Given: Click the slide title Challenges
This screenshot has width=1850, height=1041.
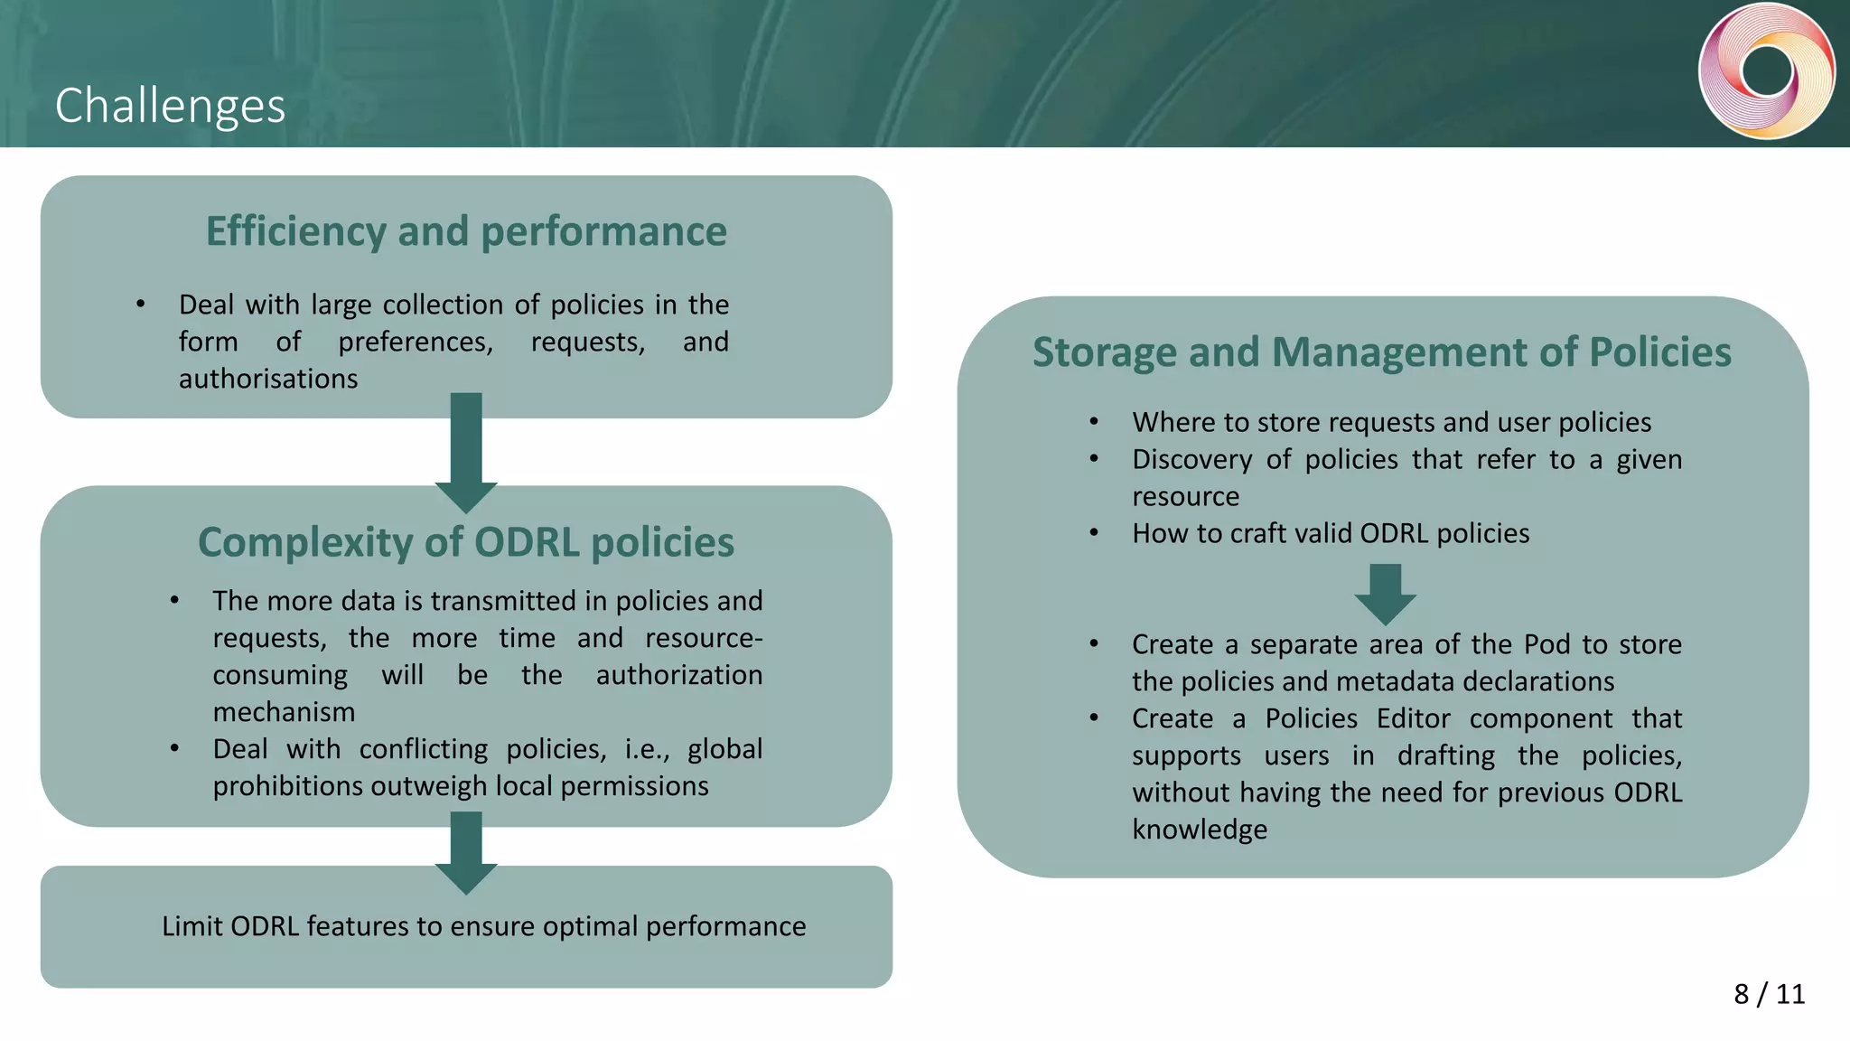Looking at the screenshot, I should pyautogui.click(x=170, y=106).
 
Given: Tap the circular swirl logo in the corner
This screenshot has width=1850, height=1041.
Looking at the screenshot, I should pyautogui.click(x=1766, y=71).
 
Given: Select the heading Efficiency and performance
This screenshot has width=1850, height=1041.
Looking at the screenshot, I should pyautogui.click(x=466, y=231).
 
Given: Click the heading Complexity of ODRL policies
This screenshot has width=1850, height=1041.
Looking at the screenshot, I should pyautogui.click(x=466, y=542).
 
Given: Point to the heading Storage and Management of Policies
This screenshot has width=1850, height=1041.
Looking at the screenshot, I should pyautogui.click(x=1382, y=352).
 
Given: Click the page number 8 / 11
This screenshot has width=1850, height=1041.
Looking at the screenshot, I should pyautogui.click(x=1769, y=994).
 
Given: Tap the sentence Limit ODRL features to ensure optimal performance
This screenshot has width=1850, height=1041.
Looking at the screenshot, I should pyautogui.click(x=483, y=926).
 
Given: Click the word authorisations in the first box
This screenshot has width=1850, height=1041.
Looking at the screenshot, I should pyautogui.click(x=268, y=379).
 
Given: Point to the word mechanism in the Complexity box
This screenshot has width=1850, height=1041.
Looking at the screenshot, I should pyautogui.click(x=284, y=712).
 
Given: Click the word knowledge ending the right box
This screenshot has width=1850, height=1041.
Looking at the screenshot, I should pyautogui.click(x=1200, y=830).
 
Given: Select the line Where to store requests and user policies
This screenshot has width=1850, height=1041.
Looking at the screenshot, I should pyautogui.click(x=1391, y=422).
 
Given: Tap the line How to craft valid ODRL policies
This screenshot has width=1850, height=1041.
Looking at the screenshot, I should pyautogui.click(x=1331, y=533).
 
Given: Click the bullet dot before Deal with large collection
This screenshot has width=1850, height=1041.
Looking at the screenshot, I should pyautogui.click(x=141, y=305).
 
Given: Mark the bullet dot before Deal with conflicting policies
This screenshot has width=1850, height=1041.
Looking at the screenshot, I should pyautogui.click(x=174, y=749).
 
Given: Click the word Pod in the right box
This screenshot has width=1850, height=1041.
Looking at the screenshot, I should pyautogui.click(x=1546, y=644).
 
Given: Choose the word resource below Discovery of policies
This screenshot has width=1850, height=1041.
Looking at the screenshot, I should pyautogui.click(x=1185, y=496).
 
